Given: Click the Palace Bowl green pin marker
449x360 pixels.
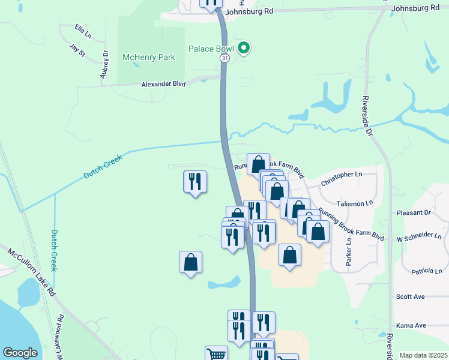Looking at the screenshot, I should pos(243,48).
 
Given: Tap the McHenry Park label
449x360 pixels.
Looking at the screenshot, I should pos(148,58).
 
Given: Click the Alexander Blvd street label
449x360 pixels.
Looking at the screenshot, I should pos(163,85).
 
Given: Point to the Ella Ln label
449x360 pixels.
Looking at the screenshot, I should pos(82,28).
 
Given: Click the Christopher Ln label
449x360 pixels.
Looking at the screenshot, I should pos(342,178).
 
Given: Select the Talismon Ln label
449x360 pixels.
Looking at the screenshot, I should pos(355,204).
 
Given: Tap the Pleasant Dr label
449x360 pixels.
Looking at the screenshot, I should pos(414,213).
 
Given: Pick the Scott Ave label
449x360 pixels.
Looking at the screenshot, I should pos(411,296).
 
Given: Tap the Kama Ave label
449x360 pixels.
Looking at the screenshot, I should pos(411,325).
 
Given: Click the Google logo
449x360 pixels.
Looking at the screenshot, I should pos(20,353).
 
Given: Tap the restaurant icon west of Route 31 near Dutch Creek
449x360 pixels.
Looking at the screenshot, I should pos(195,181).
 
